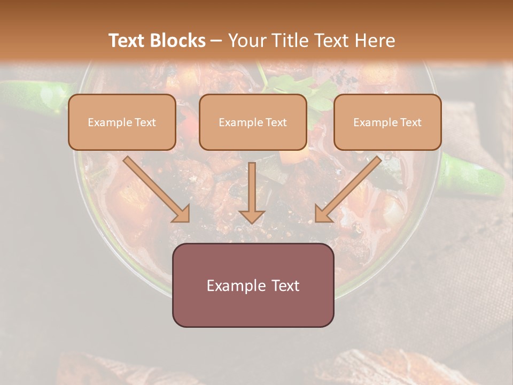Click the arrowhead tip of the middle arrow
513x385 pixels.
[252, 221]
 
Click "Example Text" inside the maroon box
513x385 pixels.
[253, 286]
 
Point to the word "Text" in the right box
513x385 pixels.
[411, 122]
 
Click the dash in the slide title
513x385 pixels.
[216, 41]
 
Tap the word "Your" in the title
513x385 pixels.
[244, 41]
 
